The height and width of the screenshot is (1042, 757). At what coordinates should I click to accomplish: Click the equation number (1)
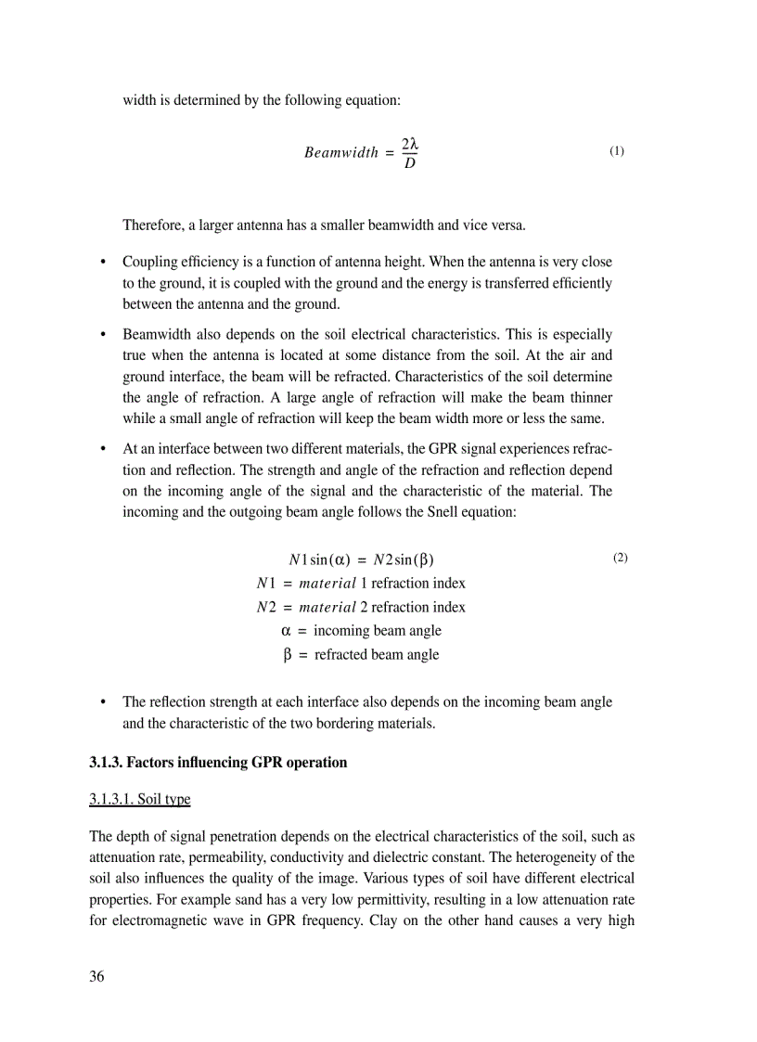[x=617, y=150]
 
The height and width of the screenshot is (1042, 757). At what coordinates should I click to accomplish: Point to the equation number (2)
[x=621, y=558]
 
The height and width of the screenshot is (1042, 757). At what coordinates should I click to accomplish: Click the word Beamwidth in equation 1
[x=340, y=153]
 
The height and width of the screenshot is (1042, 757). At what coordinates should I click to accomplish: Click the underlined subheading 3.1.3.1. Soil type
[x=140, y=799]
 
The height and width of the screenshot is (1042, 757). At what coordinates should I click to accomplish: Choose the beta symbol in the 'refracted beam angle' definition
[x=288, y=655]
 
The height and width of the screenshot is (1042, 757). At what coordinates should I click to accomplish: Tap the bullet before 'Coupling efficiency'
[x=104, y=264]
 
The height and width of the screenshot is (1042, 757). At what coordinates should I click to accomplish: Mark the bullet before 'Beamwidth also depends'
[x=104, y=335]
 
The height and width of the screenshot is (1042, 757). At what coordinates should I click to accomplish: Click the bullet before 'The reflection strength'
[x=104, y=702]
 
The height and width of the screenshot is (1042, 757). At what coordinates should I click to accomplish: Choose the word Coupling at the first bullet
[x=151, y=263]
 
